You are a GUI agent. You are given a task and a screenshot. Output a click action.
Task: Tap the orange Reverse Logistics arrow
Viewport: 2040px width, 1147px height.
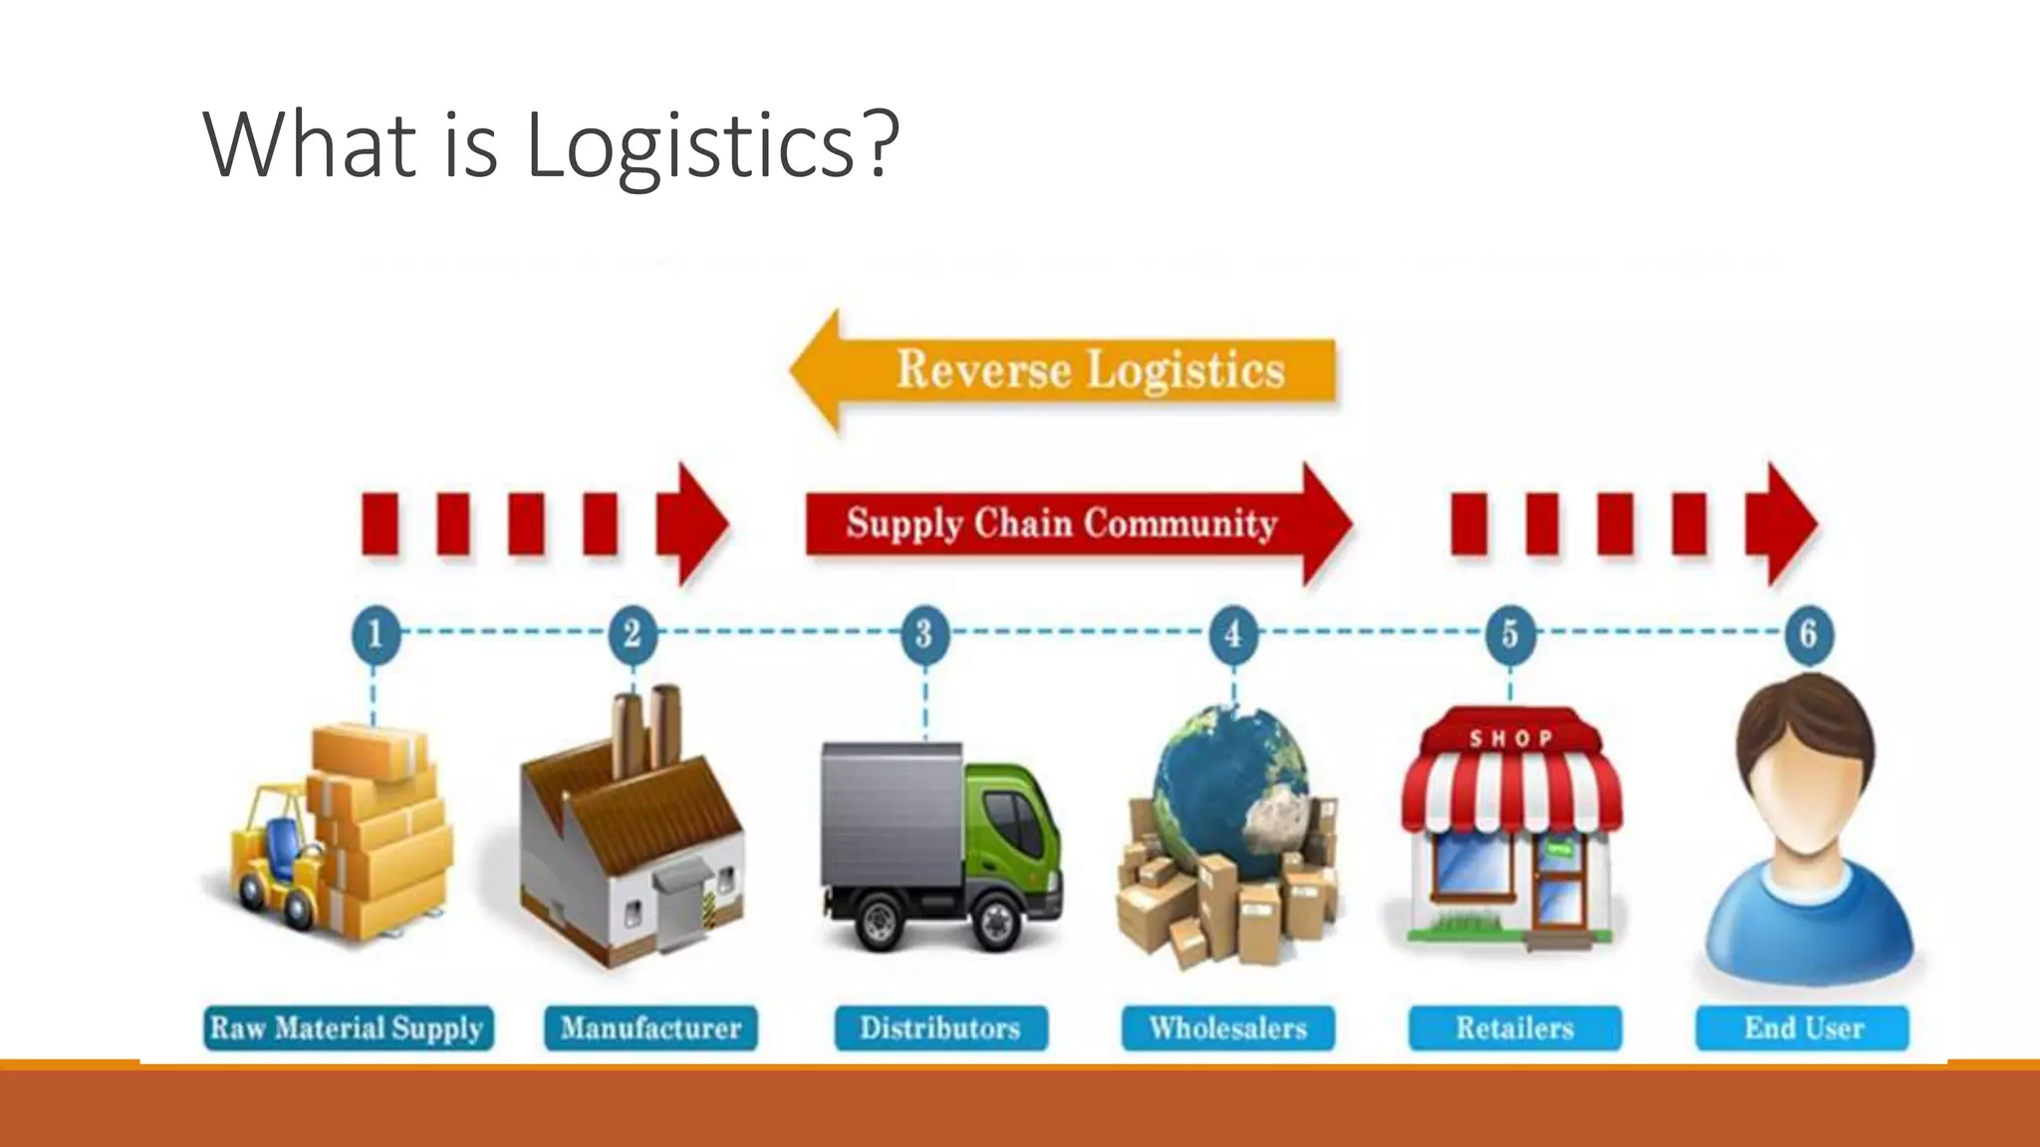pyautogui.click(x=1066, y=370)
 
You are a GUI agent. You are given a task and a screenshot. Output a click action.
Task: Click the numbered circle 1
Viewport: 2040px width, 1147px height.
pyautogui.click(x=376, y=633)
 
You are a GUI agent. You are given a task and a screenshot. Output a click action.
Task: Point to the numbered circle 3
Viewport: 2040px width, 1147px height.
pyautogui.click(x=924, y=633)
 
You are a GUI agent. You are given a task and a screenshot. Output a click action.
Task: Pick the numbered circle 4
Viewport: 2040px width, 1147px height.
pyautogui.click(x=1233, y=633)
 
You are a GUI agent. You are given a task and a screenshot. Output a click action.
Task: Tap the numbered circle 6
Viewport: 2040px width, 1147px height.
pyautogui.click(x=1808, y=633)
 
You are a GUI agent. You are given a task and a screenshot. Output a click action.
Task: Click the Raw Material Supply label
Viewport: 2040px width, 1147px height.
pyautogui.click(x=348, y=1028)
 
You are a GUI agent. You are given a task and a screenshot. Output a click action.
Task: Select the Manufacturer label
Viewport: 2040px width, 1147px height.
pyautogui.click(x=650, y=1028)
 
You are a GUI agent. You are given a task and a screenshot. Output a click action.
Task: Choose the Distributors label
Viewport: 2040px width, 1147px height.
pyautogui.click(x=940, y=1028)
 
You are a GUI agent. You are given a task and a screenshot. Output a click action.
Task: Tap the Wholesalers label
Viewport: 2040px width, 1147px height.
pyautogui.click(x=1227, y=1028)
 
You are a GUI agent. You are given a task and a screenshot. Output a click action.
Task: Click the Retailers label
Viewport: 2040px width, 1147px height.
pyautogui.click(x=1514, y=1028)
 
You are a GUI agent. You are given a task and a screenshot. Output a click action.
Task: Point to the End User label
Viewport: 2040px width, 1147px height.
pyautogui.click(x=1803, y=1028)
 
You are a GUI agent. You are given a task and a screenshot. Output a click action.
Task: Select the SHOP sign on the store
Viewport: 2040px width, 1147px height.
pyautogui.click(x=1510, y=738)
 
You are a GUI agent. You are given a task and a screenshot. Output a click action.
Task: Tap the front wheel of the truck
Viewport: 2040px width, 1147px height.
pyautogui.click(x=996, y=921)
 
